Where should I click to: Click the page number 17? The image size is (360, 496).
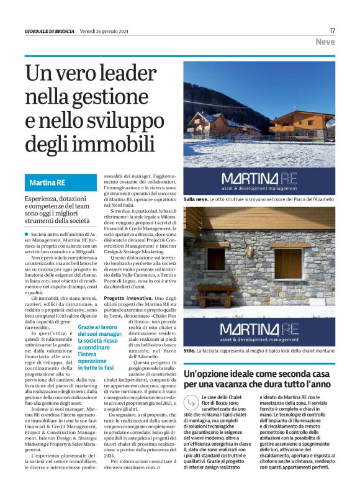(x=332, y=30)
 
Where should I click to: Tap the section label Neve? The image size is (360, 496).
(x=325, y=42)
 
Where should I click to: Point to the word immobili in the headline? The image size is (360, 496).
(x=120, y=142)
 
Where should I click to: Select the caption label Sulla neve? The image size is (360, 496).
(x=195, y=199)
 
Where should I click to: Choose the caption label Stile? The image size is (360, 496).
(x=189, y=351)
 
